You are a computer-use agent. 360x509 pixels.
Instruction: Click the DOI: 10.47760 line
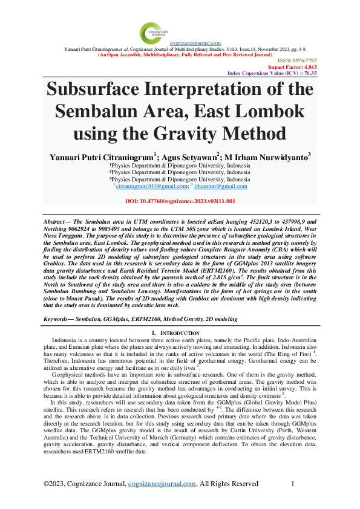(180, 201)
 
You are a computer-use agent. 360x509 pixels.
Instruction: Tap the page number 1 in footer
(293, 484)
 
